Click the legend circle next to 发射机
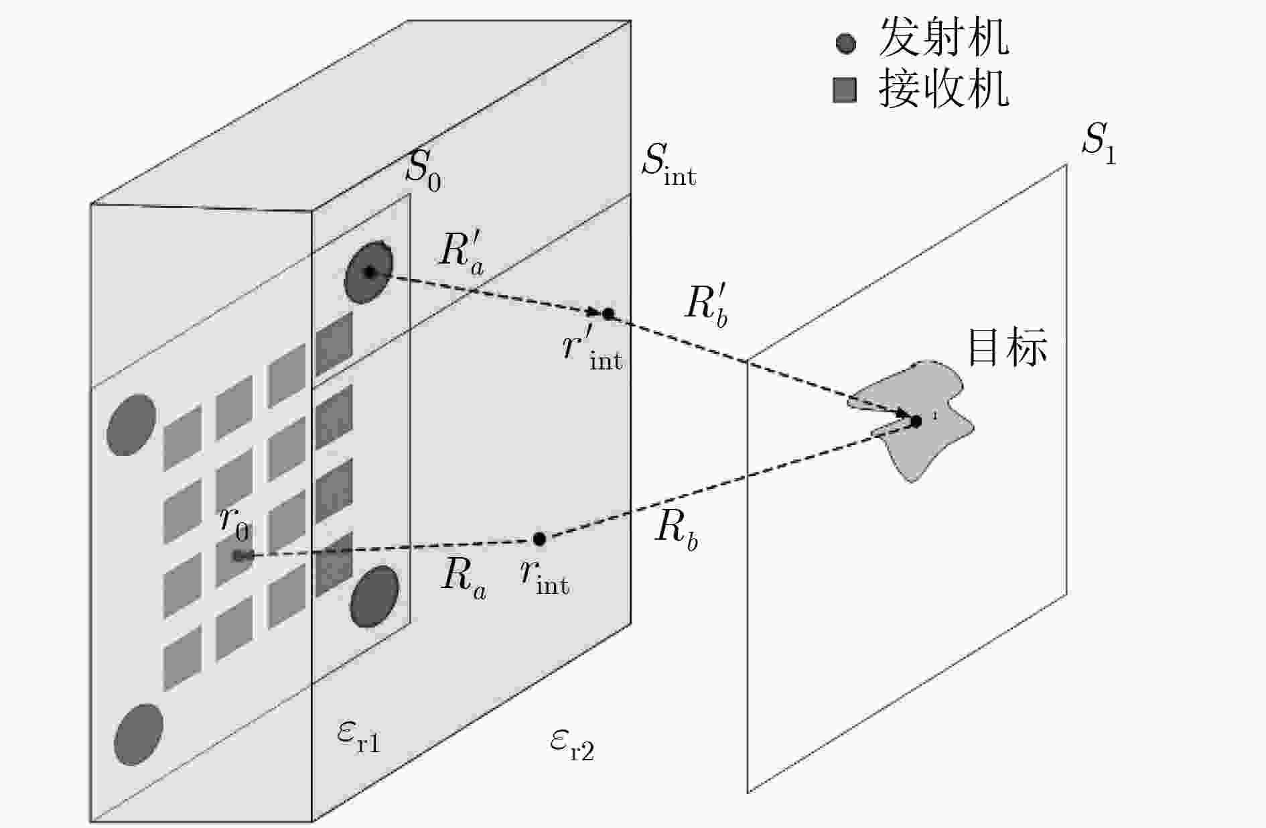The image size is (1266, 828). pyautogui.click(x=846, y=44)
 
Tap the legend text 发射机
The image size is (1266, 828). pyautogui.click(x=944, y=38)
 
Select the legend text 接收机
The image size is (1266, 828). pyautogui.click(x=944, y=88)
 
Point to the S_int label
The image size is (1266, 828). pyautogui.click(x=669, y=163)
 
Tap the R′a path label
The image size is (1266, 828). pyautogui.click(x=462, y=253)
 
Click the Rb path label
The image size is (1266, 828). pyautogui.click(x=677, y=530)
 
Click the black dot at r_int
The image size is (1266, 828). pyautogui.click(x=539, y=538)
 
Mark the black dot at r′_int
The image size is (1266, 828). pyautogui.click(x=608, y=313)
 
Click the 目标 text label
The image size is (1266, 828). pyautogui.click(x=1007, y=347)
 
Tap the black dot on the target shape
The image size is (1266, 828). pyautogui.click(x=916, y=421)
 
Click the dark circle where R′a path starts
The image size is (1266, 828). pyautogui.click(x=368, y=272)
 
